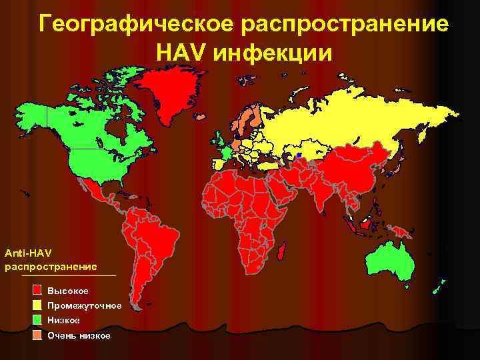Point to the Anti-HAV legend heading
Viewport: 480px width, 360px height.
pyautogui.click(x=27, y=253)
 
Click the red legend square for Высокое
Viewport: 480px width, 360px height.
pyautogui.click(x=37, y=291)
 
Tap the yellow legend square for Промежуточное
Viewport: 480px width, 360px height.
pyautogui.click(x=37, y=305)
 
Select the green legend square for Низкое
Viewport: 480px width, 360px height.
pyautogui.click(x=37, y=320)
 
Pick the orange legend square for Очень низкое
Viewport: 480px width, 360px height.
pyautogui.click(x=37, y=335)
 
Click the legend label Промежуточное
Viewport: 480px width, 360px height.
pyautogui.click(x=85, y=306)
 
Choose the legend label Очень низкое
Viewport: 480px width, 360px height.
pyautogui.click(x=79, y=335)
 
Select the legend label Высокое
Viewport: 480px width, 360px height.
pyautogui.click(x=68, y=291)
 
